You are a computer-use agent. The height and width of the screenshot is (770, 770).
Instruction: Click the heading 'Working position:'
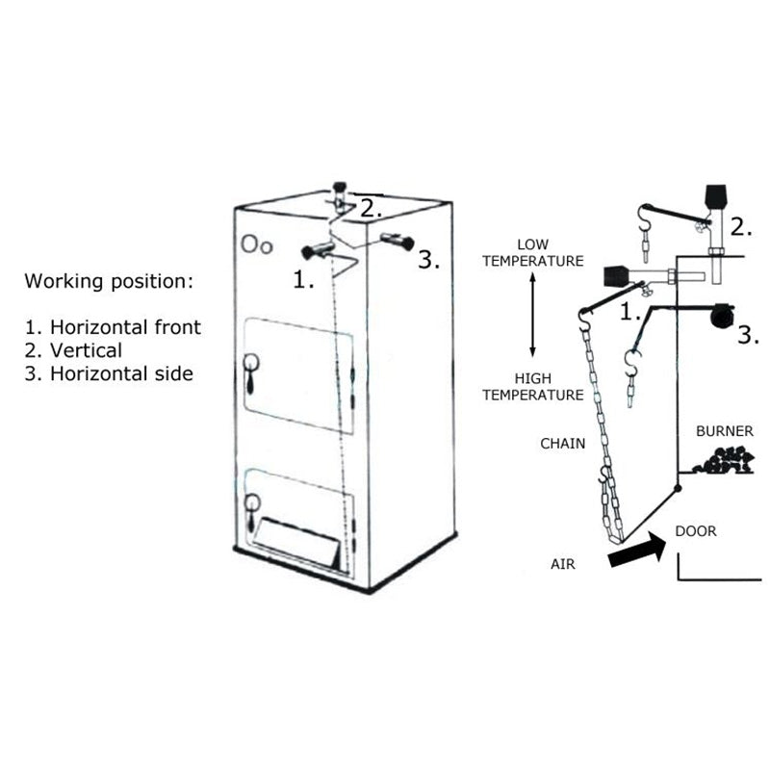point(108,281)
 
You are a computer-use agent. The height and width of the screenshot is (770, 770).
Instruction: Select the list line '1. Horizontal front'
point(113,327)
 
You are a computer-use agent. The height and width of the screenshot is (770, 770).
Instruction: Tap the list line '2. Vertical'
point(73,350)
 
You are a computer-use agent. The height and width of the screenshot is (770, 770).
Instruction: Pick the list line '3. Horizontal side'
point(109,373)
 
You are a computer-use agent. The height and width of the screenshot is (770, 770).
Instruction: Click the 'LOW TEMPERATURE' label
point(532,252)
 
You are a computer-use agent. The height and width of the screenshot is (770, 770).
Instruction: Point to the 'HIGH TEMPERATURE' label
point(532,387)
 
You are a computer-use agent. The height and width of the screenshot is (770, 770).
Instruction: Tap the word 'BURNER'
point(724,431)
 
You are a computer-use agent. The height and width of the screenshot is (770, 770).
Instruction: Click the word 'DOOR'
point(695,530)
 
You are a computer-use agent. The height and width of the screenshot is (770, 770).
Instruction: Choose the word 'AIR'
point(563,564)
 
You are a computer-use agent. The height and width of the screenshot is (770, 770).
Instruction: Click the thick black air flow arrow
point(637,552)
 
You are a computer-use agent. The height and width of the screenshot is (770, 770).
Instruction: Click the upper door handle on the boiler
point(251,372)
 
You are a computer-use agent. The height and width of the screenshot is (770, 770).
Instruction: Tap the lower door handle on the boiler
point(251,511)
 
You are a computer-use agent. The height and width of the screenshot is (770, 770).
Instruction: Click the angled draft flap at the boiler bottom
point(298,542)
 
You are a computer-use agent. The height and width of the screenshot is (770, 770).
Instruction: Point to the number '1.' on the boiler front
point(304,280)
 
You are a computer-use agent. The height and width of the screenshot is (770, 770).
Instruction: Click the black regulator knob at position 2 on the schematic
point(715,197)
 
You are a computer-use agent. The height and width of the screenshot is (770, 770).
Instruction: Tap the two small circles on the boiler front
point(257,244)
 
